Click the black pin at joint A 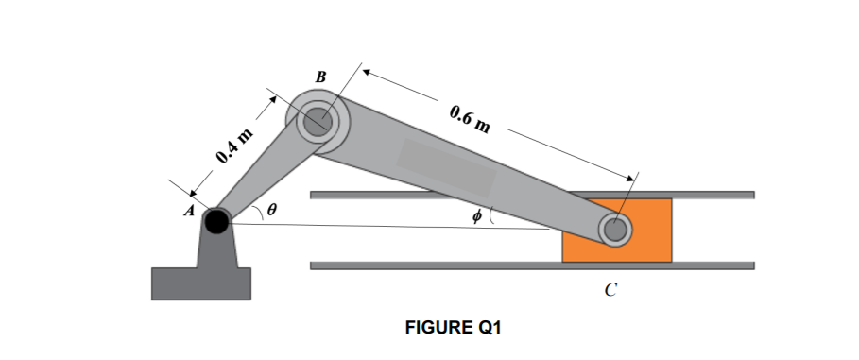tap(216, 221)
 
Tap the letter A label tap(189, 211)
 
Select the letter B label tap(321, 77)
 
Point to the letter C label tap(610, 289)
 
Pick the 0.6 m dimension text tap(470, 119)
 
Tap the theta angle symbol tap(272, 209)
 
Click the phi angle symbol tap(476, 216)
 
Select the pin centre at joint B tap(318, 121)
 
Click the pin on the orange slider tap(615, 230)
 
